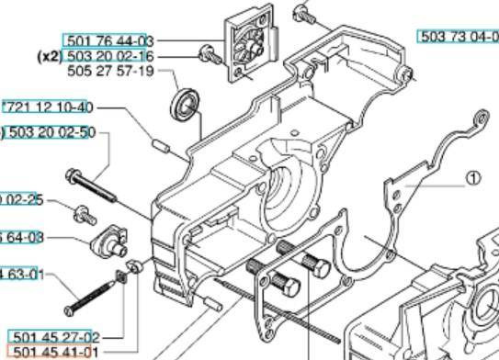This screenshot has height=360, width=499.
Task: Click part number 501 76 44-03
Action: [108, 40]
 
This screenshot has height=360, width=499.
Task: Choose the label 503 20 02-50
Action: [51, 132]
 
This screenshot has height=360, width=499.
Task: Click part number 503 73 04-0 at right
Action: [458, 36]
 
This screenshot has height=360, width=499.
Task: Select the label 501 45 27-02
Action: [52, 338]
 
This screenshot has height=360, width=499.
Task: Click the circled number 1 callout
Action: [472, 178]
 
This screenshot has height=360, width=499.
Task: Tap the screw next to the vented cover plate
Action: [210, 55]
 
